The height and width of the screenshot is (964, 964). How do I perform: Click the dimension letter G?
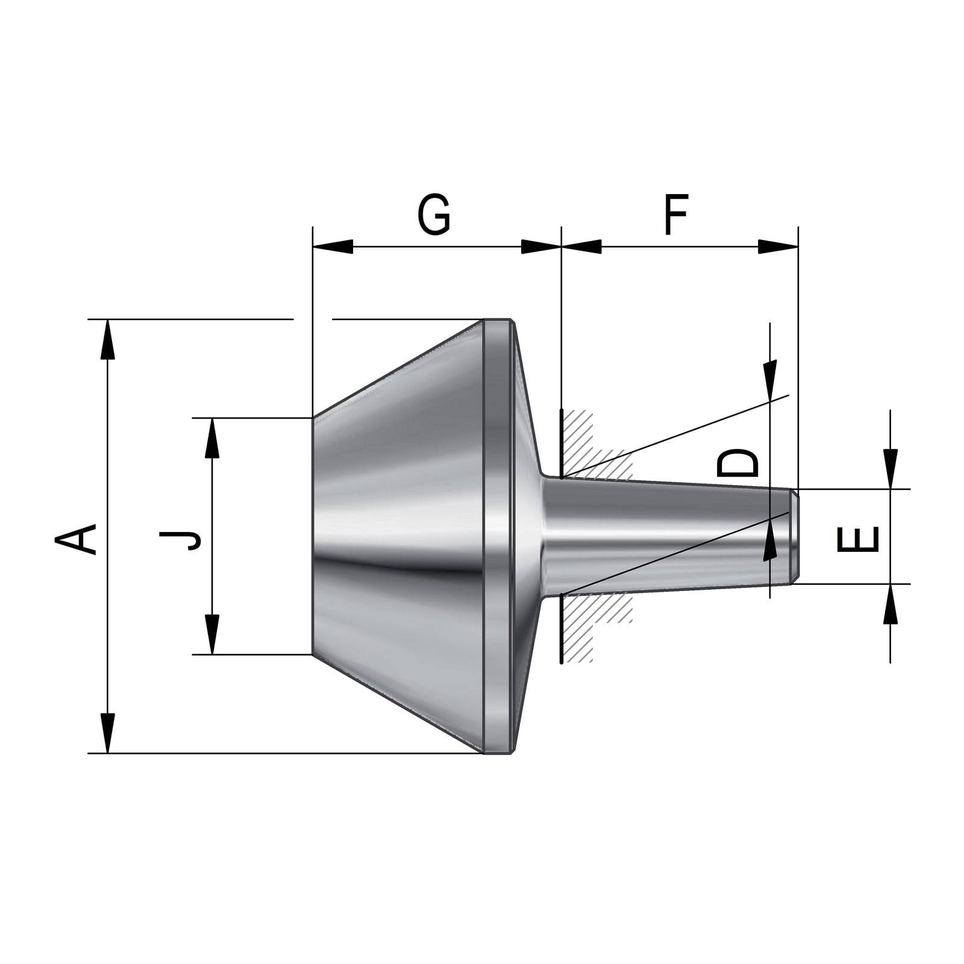pyautogui.click(x=434, y=215)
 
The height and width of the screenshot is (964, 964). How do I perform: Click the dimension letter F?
pyautogui.click(x=675, y=215)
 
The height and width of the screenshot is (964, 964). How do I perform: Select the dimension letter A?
pyautogui.click(x=77, y=538)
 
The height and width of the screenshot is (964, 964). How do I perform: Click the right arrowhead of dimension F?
pyautogui.click(x=778, y=246)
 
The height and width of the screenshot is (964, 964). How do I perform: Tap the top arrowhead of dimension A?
pyautogui.click(x=107, y=340)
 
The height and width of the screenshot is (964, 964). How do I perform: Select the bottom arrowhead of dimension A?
pyautogui.click(x=107, y=733)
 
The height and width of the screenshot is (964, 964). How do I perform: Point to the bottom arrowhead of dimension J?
pyautogui.click(x=212, y=634)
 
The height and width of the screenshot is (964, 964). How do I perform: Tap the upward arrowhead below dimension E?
pyautogui.click(x=890, y=604)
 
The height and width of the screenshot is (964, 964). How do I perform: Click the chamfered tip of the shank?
pyautogui.click(x=795, y=536)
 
